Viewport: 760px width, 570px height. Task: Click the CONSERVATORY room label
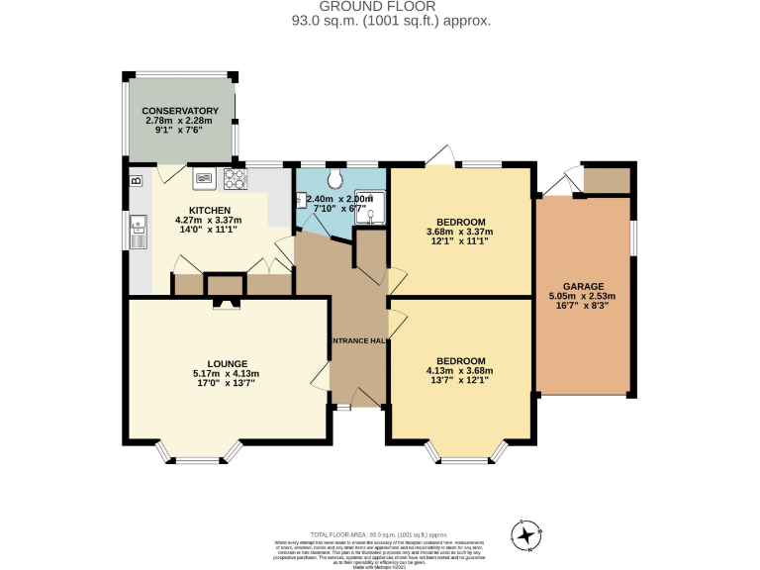click(179, 110)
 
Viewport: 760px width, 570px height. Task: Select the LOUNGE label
click(228, 363)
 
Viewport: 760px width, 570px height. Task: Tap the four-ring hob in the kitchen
click(236, 179)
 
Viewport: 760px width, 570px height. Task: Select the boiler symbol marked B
click(136, 180)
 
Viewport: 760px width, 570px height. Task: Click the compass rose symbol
click(526, 534)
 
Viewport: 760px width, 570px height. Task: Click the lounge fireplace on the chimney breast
click(226, 304)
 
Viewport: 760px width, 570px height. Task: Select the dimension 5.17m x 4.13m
click(228, 373)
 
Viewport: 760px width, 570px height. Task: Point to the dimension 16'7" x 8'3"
click(582, 306)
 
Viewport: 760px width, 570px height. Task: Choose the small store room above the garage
click(607, 180)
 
